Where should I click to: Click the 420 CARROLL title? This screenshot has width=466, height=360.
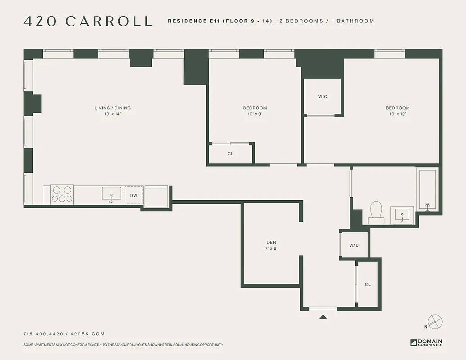(x=88, y=21)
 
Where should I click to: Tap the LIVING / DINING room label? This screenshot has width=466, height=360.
(x=113, y=108)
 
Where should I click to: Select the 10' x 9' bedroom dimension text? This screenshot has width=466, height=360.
(x=255, y=114)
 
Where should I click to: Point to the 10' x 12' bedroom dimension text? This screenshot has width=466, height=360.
(x=398, y=114)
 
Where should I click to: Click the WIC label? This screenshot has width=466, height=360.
(x=322, y=97)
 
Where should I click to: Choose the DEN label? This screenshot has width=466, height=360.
(x=271, y=243)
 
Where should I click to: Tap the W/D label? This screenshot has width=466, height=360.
(x=354, y=245)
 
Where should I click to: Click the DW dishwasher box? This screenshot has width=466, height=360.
(x=134, y=195)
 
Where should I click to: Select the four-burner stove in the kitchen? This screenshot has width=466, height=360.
(x=62, y=194)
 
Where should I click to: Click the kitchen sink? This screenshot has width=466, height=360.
(x=111, y=194)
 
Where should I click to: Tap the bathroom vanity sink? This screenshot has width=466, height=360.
(x=402, y=214)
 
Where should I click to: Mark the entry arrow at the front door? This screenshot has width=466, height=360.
(x=323, y=317)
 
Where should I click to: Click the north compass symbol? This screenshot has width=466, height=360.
(x=435, y=322)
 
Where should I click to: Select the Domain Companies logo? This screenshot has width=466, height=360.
(x=426, y=342)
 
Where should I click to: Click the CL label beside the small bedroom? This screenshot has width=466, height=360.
(x=231, y=154)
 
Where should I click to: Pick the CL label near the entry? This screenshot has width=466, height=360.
(x=367, y=284)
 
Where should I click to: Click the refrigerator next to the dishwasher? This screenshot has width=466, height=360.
(x=156, y=197)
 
